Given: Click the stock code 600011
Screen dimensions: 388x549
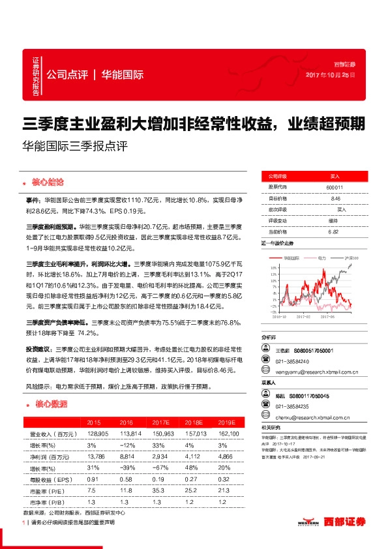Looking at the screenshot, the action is [x=335, y=187].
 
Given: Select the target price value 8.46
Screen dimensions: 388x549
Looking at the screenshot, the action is [x=335, y=198].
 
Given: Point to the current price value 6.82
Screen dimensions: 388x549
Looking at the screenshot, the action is [x=335, y=231].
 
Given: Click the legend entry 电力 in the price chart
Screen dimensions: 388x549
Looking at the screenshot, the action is [x=321, y=258].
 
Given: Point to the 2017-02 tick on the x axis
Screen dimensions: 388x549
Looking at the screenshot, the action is [x=305, y=318].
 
